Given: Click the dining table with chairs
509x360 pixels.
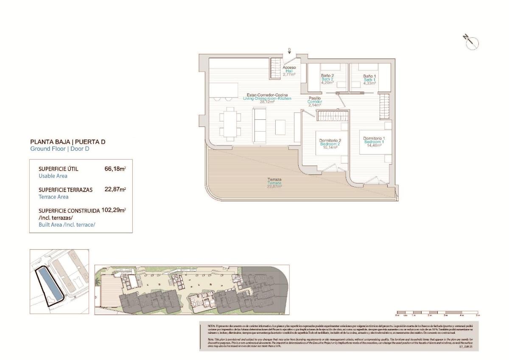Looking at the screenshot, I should pos(230,124).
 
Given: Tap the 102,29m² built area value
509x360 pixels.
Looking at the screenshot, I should pos(114,210).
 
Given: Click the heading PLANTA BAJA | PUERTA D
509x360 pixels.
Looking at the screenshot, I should pos(67,142).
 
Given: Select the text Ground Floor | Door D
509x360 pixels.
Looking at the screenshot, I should pos(60,149).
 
